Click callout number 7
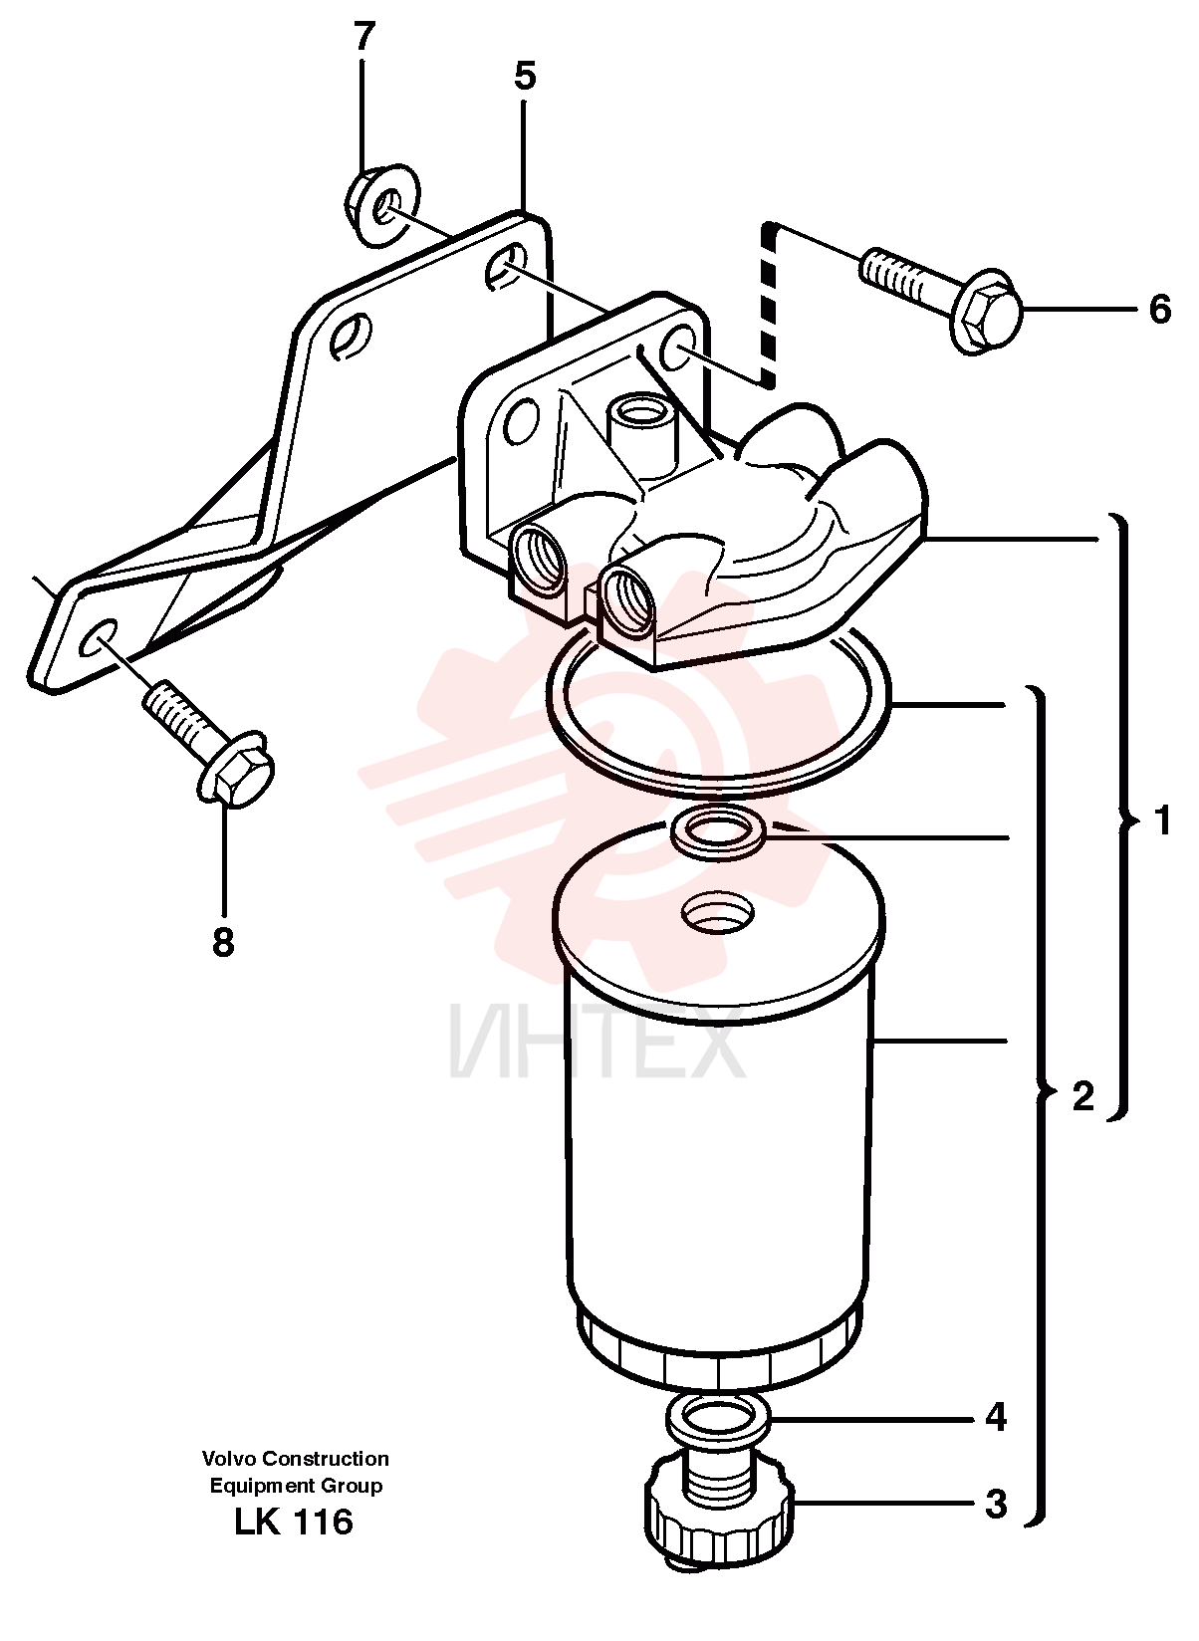[364, 38]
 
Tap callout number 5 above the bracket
[525, 76]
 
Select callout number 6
[1159, 309]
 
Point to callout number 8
[223, 942]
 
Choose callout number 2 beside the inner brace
[1082, 1096]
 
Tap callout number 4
[996, 1419]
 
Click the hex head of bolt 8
[236, 769]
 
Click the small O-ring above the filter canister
[719, 829]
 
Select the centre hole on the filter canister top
[718, 911]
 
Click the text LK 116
[294, 1523]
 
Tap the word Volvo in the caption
[229, 1460]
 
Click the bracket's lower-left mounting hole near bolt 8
[99, 636]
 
